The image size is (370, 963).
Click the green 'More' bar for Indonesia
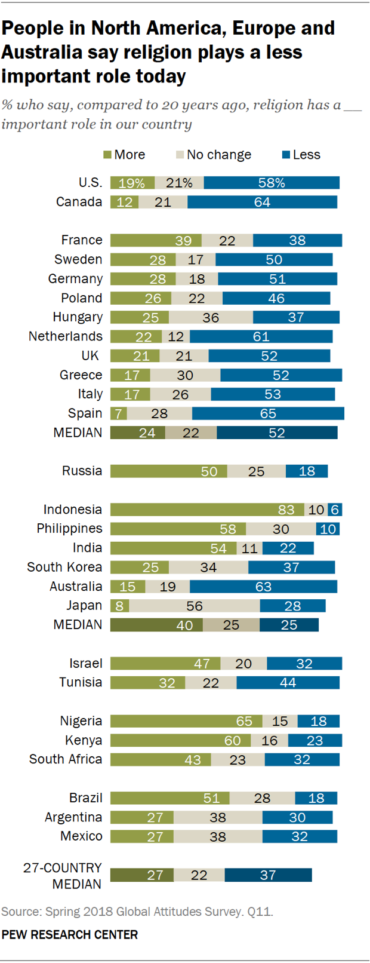(207, 510)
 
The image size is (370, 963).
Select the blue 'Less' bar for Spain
(268, 413)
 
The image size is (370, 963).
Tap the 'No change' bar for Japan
(194, 606)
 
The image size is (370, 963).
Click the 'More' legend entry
(124, 155)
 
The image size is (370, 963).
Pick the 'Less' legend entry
(301, 155)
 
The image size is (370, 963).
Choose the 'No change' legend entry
(214, 155)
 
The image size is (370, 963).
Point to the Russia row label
(82, 471)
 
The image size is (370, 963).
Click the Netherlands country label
(66, 336)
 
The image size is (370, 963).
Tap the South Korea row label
(64, 567)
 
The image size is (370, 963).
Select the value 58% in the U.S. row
(272, 183)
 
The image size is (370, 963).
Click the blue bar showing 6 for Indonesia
(335, 510)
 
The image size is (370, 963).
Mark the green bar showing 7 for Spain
(119, 413)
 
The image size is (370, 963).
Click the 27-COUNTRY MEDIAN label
(63, 876)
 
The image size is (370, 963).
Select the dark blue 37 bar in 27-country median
(268, 875)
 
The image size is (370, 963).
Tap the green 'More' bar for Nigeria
(186, 721)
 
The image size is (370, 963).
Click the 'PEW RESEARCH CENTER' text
(70, 935)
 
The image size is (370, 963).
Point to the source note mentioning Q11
(137, 912)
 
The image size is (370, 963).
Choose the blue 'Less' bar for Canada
(262, 202)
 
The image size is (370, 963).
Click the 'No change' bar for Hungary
(211, 317)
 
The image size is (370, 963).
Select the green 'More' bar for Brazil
(169, 798)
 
